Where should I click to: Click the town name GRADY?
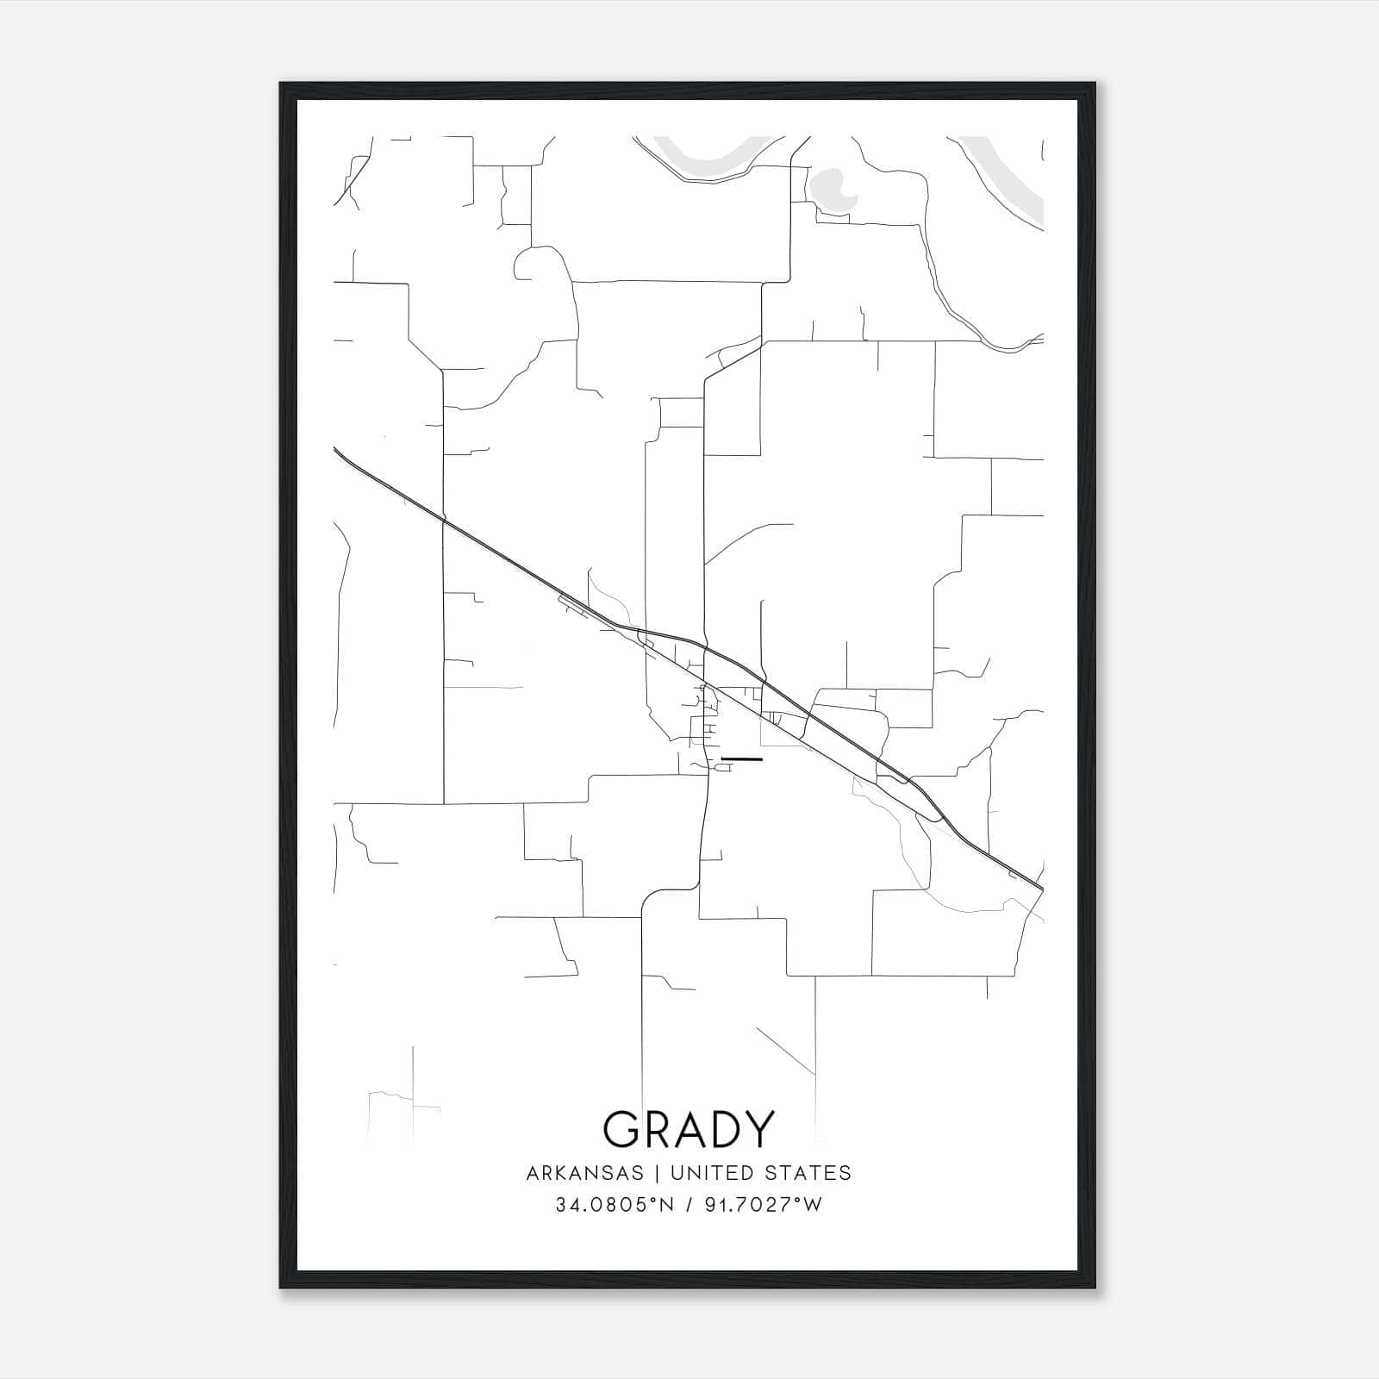pos(689,1129)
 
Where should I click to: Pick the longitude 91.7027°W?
pos(762,1205)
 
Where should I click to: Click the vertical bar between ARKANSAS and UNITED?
pos(657,1173)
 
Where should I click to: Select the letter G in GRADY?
pos(623,1129)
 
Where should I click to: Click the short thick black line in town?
pos(741,759)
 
